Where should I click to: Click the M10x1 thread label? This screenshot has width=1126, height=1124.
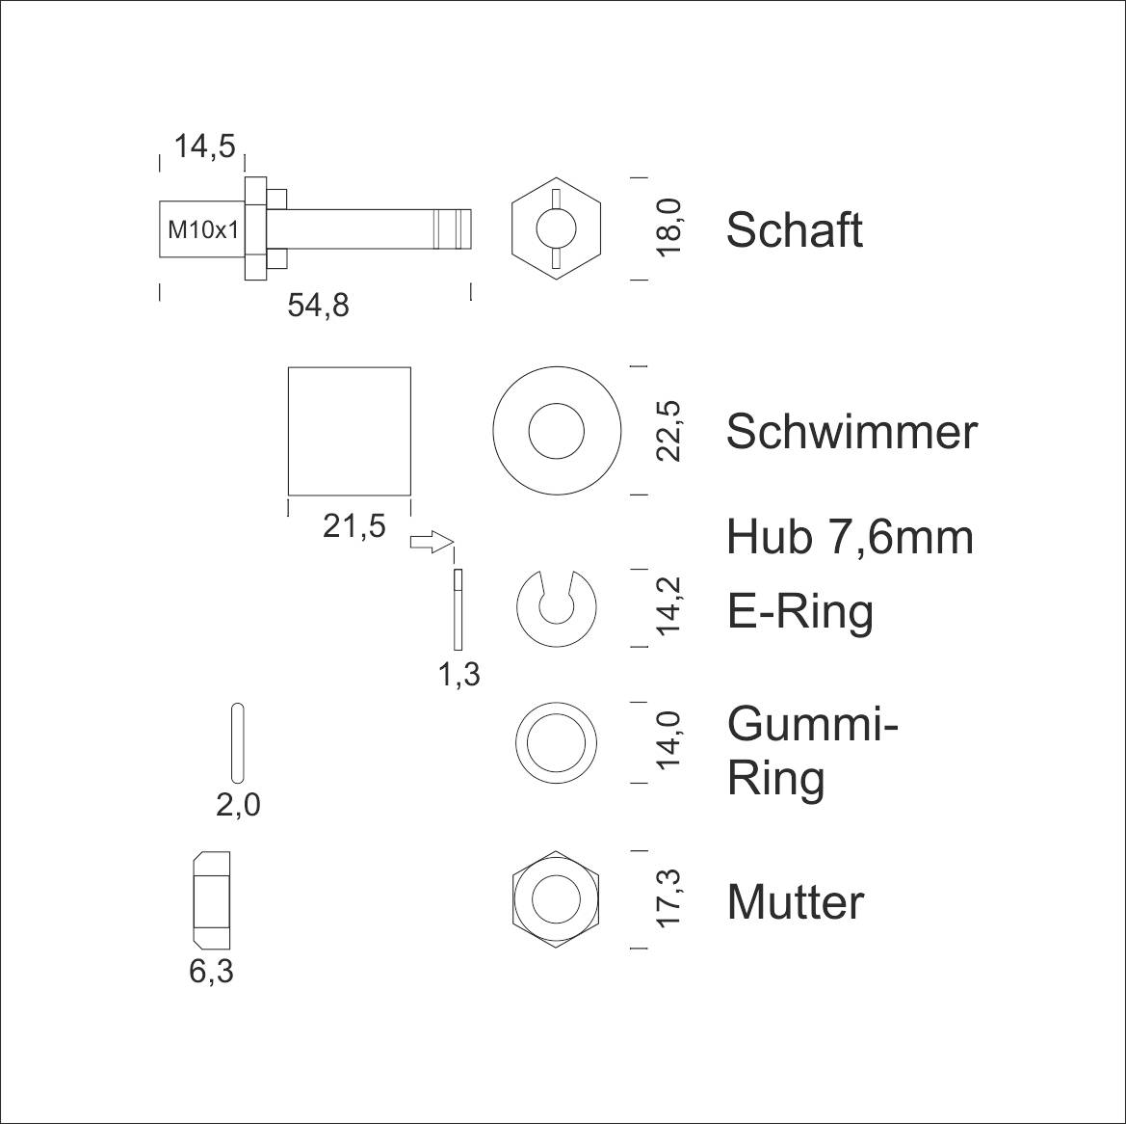[x=203, y=230]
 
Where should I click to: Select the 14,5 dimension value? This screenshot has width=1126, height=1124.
[x=204, y=147]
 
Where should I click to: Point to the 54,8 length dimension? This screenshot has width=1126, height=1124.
[x=318, y=306]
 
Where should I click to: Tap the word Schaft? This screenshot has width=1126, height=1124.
[x=794, y=230]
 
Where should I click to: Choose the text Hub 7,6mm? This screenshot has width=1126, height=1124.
[x=850, y=537]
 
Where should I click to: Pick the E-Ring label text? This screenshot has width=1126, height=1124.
[x=800, y=611]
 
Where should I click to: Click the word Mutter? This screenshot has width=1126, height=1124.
[x=795, y=902]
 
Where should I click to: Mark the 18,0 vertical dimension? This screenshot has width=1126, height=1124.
[x=668, y=227]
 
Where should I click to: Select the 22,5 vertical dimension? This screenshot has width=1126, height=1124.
[x=668, y=430]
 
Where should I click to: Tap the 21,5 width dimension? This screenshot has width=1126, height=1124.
[x=354, y=526]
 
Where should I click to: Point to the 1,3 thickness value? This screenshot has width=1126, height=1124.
[x=459, y=675]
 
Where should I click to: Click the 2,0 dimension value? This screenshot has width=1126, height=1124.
[x=238, y=804]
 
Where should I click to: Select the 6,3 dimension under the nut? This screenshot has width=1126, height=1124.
[x=211, y=972]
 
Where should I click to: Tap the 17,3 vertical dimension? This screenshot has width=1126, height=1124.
[x=668, y=898]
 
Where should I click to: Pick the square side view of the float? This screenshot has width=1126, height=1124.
[x=350, y=430]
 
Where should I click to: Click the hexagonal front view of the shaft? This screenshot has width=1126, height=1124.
[x=556, y=229]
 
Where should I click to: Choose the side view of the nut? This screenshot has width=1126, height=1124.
[x=211, y=898]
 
